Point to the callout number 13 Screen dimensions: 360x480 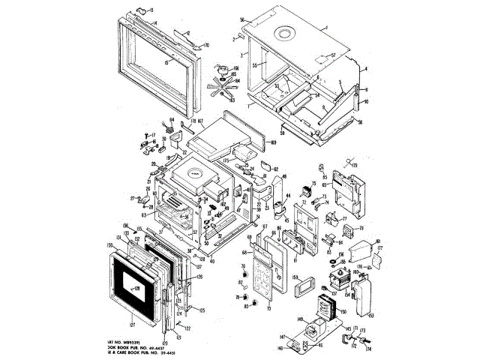[151, 10]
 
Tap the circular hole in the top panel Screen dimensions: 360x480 [285, 32]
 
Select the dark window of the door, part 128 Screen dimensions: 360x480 [136, 288]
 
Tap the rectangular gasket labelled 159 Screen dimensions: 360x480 [304, 286]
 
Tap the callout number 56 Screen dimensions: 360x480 [242, 20]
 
